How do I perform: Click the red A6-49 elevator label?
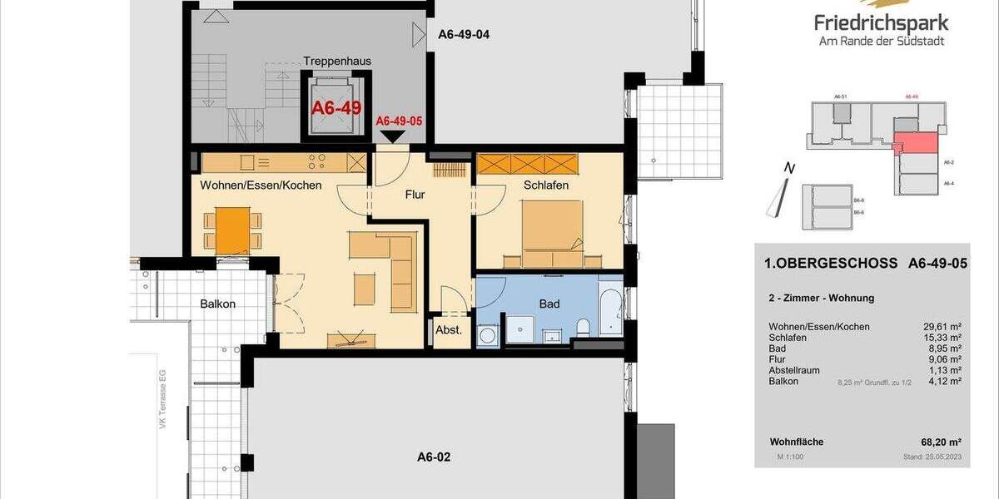click(x=335, y=108)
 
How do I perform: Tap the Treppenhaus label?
click(x=336, y=61)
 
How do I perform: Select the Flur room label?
click(x=414, y=195)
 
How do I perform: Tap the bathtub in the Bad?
click(x=611, y=314)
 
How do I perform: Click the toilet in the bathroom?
click(x=584, y=327)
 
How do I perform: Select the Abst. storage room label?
click(x=449, y=330)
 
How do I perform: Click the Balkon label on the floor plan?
click(x=217, y=304)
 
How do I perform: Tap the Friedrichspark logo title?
click(x=882, y=23)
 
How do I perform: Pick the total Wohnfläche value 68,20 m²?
click(x=944, y=442)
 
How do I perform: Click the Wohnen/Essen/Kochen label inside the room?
click(x=261, y=185)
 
